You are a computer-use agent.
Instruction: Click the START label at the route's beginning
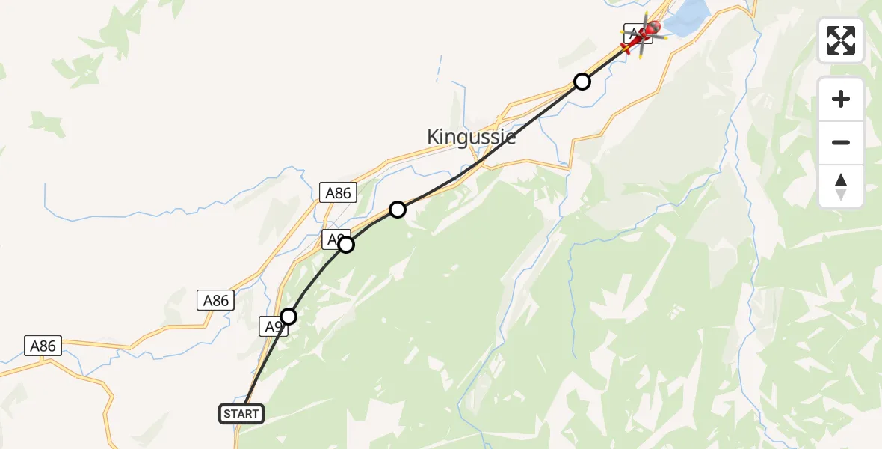point(241,413)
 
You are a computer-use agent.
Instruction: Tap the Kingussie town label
point(471,137)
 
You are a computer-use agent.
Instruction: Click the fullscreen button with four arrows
point(841,40)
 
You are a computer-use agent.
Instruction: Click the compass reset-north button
point(841,186)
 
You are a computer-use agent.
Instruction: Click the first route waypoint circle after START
point(289,317)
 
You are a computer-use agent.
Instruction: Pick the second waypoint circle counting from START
point(345,244)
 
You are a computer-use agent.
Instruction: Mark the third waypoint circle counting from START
point(398,209)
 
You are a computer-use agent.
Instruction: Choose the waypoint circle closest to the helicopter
point(582,82)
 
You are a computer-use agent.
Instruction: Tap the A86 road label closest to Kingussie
point(338,192)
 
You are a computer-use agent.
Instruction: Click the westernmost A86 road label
point(43,346)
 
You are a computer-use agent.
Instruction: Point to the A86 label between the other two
point(216,300)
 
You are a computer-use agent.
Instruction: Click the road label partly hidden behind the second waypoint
point(333,239)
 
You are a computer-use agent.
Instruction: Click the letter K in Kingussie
point(434,137)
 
